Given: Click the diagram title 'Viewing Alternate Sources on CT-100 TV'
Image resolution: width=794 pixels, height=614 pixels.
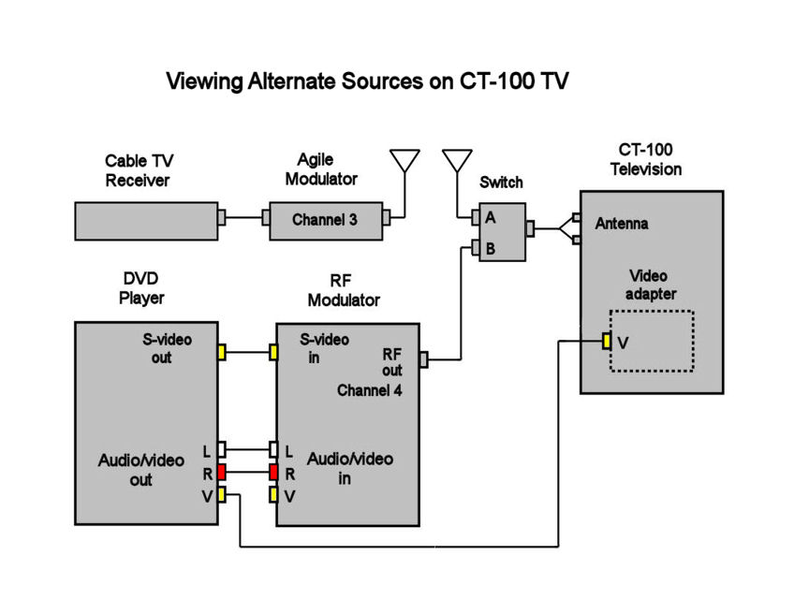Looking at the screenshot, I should click(x=367, y=81).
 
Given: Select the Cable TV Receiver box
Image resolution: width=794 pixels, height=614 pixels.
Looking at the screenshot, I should click(x=145, y=220).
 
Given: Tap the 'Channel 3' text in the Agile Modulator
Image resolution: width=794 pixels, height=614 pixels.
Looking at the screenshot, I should click(x=324, y=220).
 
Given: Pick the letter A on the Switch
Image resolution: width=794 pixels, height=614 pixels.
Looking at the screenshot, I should click(x=490, y=217).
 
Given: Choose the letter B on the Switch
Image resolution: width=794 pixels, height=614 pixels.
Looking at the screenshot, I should click(x=490, y=248).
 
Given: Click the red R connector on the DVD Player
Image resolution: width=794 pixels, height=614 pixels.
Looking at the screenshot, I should click(x=222, y=472).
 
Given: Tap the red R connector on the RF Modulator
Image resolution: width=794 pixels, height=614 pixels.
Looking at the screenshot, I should click(x=274, y=472).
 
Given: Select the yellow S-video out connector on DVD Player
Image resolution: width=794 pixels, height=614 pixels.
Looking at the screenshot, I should click(x=222, y=352).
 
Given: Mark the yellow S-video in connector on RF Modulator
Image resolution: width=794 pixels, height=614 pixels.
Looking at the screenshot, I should click(x=274, y=352).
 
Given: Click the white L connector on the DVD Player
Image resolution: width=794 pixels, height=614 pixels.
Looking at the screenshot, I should click(x=222, y=449).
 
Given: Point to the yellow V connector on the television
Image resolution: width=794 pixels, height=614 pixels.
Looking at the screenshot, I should click(x=607, y=342).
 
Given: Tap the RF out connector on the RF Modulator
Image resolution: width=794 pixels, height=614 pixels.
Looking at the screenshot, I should click(x=424, y=358).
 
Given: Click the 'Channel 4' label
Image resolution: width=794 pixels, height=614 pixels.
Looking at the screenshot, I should click(x=369, y=390).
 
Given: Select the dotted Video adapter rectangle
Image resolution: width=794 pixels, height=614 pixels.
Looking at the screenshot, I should click(x=652, y=341).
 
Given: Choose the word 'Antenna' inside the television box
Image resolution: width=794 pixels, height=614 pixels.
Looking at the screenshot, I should click(x=622, y=224).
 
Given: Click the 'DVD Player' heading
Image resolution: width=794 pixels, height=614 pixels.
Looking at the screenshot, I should click(x=141, y=288).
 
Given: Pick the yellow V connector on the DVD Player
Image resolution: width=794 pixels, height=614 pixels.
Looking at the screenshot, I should click(x=222, y=495).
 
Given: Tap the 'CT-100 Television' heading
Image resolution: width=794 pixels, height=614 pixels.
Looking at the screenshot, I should click(x=646, y=159).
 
